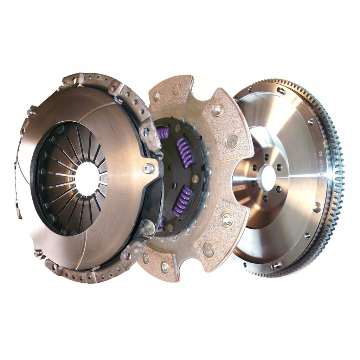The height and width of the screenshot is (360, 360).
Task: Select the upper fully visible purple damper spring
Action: [x=185, y=153]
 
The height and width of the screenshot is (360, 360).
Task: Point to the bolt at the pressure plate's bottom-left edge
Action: [x=37, y=252]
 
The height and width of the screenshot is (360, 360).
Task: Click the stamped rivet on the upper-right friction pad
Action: [x=232, y=141]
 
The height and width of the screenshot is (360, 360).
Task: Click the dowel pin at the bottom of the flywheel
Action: [x=274, y=266]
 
